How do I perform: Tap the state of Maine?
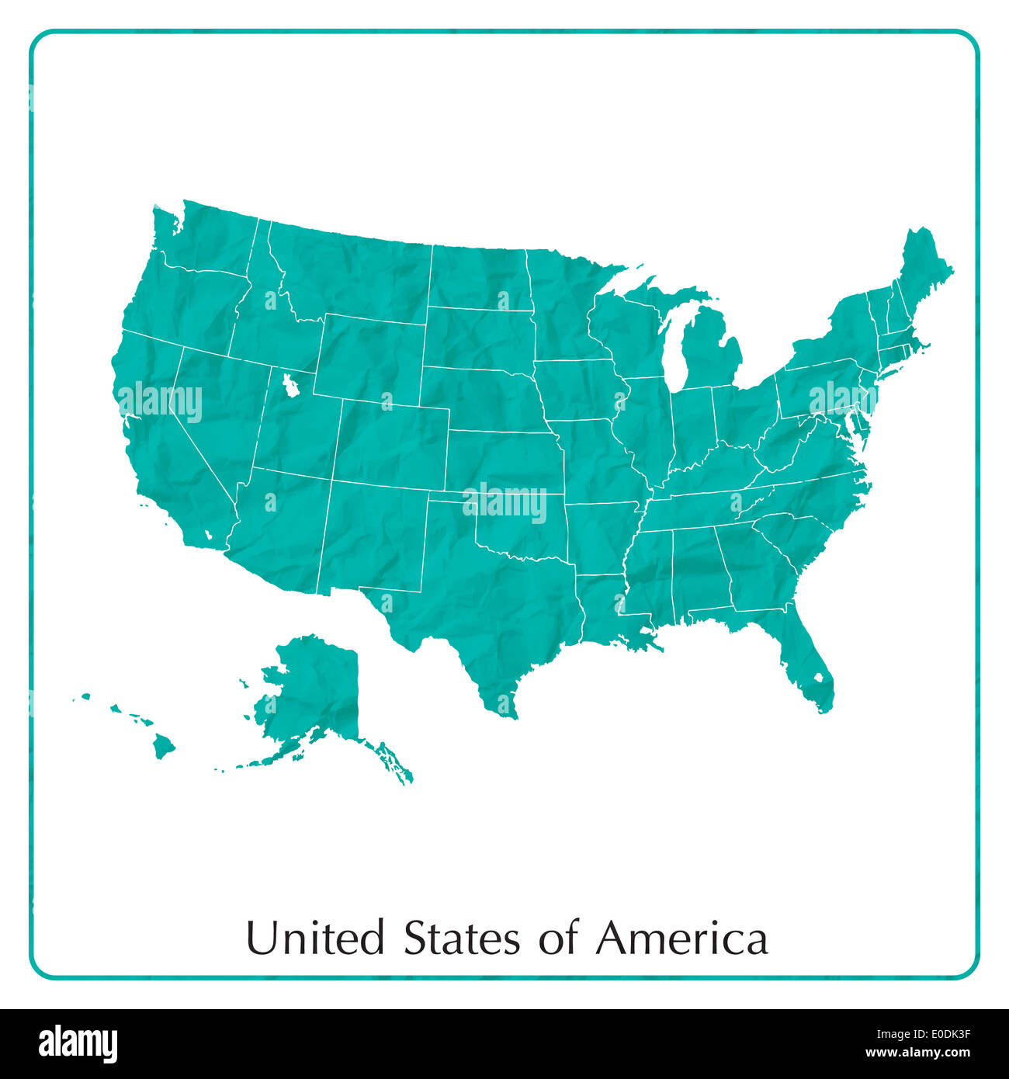[924, 272]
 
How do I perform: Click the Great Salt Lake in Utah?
[290, 385]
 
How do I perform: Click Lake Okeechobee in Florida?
[817, 678]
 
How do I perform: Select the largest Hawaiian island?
[163, 747]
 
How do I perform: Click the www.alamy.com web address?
[918, 1053]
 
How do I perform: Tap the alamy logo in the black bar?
[78, 1043]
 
